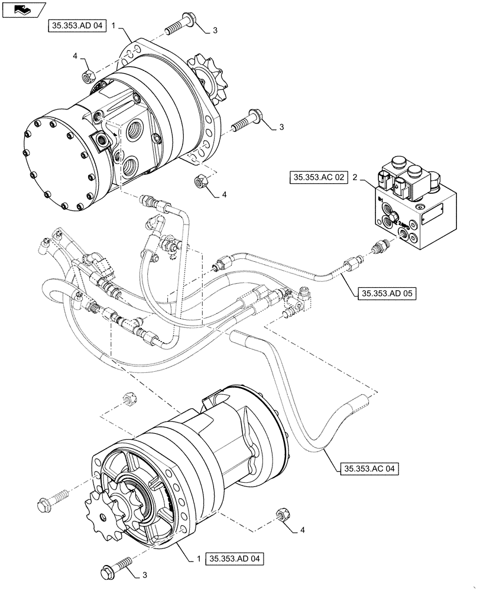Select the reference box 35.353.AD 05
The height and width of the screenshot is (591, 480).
pyautogui.click(x=386, y=293)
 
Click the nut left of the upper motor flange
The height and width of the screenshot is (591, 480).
pyautogui.click(x=85, y=74)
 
